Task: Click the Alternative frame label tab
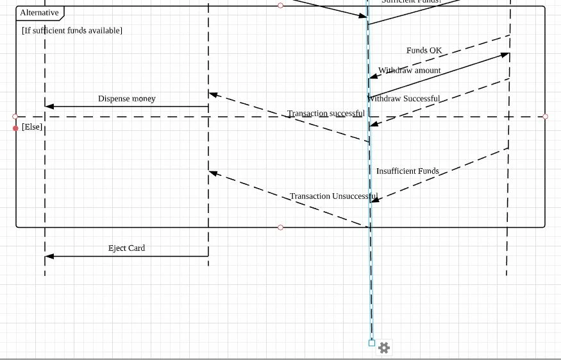(x=40, y=13)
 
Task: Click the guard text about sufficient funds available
(x=72, y=31)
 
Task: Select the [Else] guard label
(x=32, y=127)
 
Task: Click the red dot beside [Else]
(x=16, y=128)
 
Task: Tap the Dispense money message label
(x=126, y=99)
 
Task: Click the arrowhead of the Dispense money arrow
(x=49, y=107)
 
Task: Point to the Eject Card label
(x=126, y=248)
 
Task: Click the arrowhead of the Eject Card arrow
(x=49, y=257)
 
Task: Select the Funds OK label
(x=424, y=51)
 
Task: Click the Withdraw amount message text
(x=409, y=71)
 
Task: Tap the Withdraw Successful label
(x=404, y=99)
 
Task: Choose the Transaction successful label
(x=326, y=114)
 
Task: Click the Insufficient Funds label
(x=407, y=171)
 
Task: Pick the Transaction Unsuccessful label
(x=333, y=196)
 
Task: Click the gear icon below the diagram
(x=384, y=348)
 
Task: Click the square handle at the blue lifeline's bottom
(x=372, y=343)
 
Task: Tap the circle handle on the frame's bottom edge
(x=280, y=227)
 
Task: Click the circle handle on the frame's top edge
(x=280, y=6)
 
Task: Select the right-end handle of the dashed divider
(x=545, y=117)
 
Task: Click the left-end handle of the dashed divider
(x=15, y=117)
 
